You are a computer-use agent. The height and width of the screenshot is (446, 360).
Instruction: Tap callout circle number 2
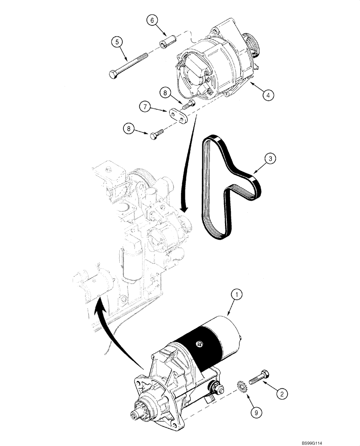click(281, 393)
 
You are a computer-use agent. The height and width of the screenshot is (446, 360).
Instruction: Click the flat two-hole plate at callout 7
click(180, 115)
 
